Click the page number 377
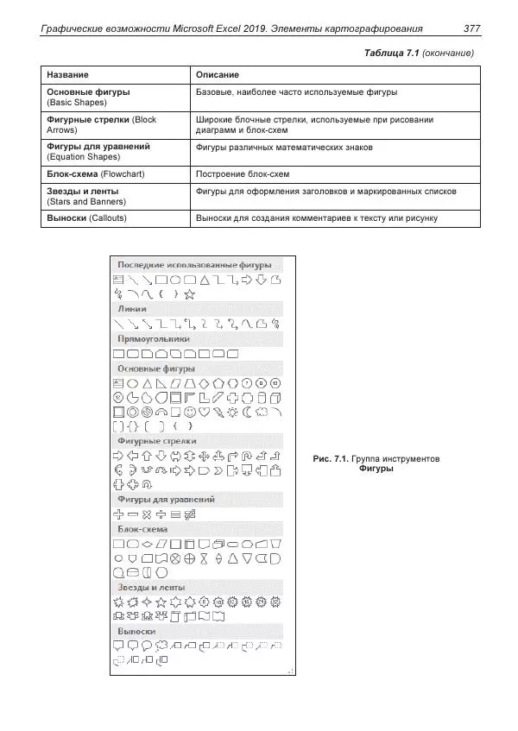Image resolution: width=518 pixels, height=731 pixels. [x=471, y=28]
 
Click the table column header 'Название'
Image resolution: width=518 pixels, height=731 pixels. [x=66, y=75]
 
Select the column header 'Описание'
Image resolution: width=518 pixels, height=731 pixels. [x=218, y=75]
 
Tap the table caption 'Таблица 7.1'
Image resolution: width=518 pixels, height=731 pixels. [x=392, y=54]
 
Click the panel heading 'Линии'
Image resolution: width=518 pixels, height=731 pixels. [x=131, y=308]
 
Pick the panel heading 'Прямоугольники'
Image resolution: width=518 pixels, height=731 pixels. [x=154, y=338]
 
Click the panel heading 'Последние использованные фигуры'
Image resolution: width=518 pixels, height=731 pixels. [x=194, y=264]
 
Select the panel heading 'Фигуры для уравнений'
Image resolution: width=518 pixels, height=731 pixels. [x=167, y=499]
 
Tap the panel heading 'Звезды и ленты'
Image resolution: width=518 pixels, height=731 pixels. [x=150, y=587]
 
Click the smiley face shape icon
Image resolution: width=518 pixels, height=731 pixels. [x=190, y=412]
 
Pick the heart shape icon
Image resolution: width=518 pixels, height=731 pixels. [x=204, y=412]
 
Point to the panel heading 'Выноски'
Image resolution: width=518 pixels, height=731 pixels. [x=136, y=631]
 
